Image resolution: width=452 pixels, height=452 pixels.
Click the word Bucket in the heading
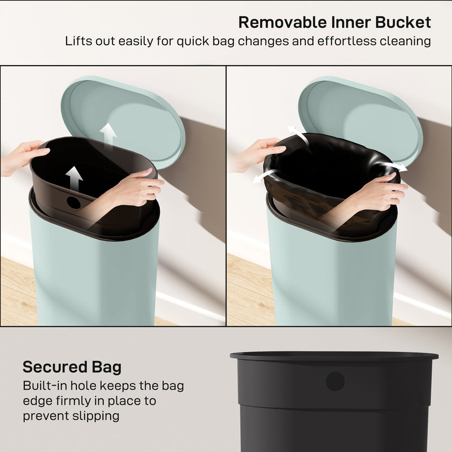click(x=404, y=23)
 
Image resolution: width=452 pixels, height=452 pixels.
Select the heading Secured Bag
click(x=72, y=367)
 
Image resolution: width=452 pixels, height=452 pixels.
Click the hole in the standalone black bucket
click(x=335, y=381)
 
